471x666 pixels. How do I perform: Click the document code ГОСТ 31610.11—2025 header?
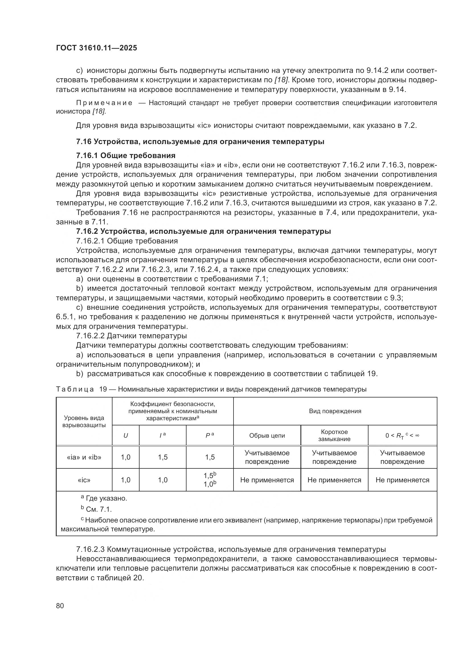[x=96, y=48]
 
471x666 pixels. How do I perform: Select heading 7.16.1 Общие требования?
[x=126, y=155]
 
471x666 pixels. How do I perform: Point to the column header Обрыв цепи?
[x=267, y=435]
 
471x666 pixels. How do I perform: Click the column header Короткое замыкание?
[x=334, y=435]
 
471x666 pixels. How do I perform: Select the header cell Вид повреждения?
[x=335, y=411]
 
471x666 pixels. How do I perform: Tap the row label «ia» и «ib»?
[x=84, y=457]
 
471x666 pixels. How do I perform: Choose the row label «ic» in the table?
[x=84, y=480]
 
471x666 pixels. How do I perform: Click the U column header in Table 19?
[x=126, y=435]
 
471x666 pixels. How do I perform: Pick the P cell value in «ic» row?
[x=210, y=480]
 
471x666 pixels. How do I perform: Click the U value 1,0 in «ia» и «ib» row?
[x=126, y=457]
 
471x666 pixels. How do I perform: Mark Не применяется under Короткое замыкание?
[x=334, y=480]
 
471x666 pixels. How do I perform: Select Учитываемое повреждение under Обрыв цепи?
[x=267, y=457]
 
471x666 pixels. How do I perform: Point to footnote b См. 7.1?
[x=97, y=509]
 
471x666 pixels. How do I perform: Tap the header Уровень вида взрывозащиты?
[x=84, y=421]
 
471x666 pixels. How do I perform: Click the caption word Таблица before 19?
[x=75, y=389]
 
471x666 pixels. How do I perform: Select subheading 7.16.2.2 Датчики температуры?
[x=131, y=336]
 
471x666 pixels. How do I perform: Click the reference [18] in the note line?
[x=99, y=111]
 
